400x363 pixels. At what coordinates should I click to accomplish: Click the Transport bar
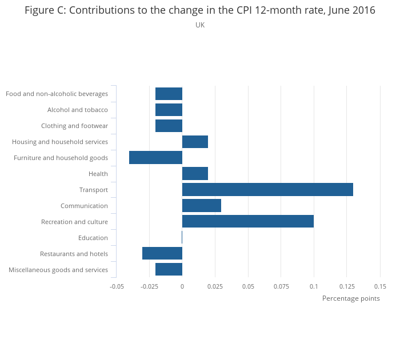pos(267,190)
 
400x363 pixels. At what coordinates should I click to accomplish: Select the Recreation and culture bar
pos(248,222)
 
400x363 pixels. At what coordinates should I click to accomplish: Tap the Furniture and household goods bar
pos(155,158)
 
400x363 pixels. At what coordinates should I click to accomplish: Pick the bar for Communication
pos(202,206)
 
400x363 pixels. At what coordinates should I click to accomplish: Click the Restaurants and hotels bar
pos(162,254)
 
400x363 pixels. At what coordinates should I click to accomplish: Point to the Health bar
pos(195,174)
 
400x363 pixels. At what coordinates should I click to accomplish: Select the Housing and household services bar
pos(195,142)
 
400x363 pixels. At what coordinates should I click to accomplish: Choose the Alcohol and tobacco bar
pos(169,110)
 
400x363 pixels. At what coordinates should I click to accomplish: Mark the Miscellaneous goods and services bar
pos(169,270)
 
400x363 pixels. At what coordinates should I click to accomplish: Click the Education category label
pos(93,238)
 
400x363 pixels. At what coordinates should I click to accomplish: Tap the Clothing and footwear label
pos(74,126)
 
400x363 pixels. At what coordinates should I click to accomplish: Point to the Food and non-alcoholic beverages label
pos(57,94)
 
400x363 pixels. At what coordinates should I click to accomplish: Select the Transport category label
pos(94,190)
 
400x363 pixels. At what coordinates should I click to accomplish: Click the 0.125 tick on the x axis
pos(347,286)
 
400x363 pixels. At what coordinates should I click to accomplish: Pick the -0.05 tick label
pos(117,286)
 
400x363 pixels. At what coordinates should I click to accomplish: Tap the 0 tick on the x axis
pos(182,286)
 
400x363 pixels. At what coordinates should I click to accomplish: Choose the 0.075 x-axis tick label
pos(281,286)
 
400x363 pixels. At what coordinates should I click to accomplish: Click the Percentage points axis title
pos(351,298)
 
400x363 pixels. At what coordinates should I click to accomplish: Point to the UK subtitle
pos(200,25)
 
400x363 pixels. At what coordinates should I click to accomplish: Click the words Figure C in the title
pos(45,10)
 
